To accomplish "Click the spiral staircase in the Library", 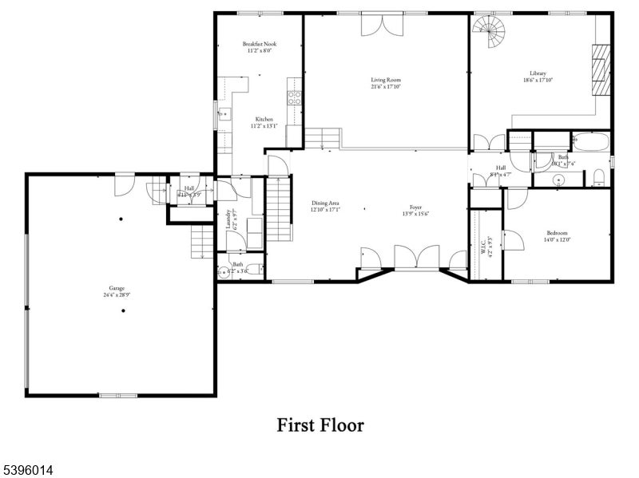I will (x=489, y=34).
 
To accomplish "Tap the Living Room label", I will (x=385, y=80).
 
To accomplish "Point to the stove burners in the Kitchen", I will (x=294, y=98).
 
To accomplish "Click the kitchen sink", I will (x=223, y=115).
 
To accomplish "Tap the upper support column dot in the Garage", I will (x=121, y=219).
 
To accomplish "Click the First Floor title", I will (x=320, y=425).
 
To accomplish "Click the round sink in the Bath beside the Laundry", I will (x=223, y=271).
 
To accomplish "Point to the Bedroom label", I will (x=558, y=232).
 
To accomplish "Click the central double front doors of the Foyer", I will (x=416, y=258).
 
